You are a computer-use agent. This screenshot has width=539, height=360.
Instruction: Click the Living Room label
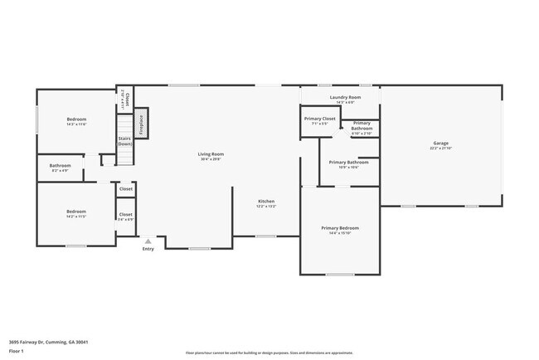click(211, 154)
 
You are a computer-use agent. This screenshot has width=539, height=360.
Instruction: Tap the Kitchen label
click(266, 202)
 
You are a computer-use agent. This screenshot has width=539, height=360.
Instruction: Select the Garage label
click(439, 144)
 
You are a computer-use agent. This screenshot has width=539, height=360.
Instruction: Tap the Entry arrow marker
click(148, 241)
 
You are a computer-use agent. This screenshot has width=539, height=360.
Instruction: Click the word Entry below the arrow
click(148, 249)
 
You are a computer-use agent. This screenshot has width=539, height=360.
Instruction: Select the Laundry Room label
click(345, 98)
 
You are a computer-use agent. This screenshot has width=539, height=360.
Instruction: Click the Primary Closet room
click(319, 121)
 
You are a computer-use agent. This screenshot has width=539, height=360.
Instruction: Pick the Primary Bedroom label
click(340, 228)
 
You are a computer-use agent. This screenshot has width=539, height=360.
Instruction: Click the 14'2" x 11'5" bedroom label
click(76, 214)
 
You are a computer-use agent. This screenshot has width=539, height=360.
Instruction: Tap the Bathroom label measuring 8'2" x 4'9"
click(60, 167)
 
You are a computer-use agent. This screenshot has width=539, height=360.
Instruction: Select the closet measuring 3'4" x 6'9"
click(125, 216)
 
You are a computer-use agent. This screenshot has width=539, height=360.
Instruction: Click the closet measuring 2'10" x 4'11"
click(124, 100)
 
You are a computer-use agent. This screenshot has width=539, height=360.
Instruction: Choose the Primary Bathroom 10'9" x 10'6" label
click(348, 164)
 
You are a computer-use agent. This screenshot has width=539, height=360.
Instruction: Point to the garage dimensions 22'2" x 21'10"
click(439, 148)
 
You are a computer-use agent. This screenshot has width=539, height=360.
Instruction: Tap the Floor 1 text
click(17, 351)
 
